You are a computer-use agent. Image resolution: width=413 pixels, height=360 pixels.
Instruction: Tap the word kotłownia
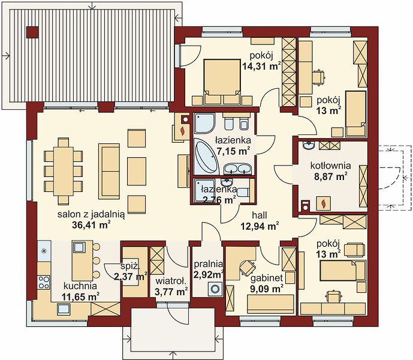(x=330, y=166)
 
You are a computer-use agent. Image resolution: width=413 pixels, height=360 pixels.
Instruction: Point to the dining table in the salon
(x=63, y=171)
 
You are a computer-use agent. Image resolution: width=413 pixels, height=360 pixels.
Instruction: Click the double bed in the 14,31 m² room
(x=222, y=79)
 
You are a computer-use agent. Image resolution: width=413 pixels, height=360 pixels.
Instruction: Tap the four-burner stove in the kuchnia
(x=44, y=282)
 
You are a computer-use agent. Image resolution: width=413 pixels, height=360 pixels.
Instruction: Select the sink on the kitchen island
(x=79, y=247)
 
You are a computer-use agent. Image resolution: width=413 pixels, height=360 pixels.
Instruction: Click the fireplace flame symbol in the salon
(x=182, y=131)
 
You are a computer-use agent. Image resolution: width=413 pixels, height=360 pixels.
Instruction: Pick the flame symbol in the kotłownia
(x=323, y=203)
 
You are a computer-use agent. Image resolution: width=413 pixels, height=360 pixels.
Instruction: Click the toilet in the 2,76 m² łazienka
(x=243, y=192)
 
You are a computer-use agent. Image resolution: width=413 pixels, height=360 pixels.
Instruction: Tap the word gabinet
(x=267, y=278)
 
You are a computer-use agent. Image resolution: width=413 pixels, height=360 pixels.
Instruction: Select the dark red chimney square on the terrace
(x=32, y=32)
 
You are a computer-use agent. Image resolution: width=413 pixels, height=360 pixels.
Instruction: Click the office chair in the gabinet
(x=248, y=267)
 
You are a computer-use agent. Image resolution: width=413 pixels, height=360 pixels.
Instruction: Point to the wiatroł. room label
(x=171, y=281)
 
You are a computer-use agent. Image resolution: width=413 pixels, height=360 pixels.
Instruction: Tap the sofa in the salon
(x=109, y=171)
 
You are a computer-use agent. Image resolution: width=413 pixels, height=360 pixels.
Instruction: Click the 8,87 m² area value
(x=330, y=176)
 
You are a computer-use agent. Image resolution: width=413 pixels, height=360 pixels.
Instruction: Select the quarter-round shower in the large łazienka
(x=204, y=123)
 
